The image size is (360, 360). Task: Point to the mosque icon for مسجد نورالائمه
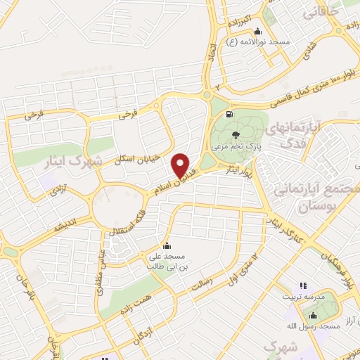click(x=258, y=31)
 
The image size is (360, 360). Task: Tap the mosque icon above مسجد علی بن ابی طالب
click(x=167, y=246)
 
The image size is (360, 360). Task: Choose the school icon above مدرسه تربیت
click(x=303, y=285)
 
